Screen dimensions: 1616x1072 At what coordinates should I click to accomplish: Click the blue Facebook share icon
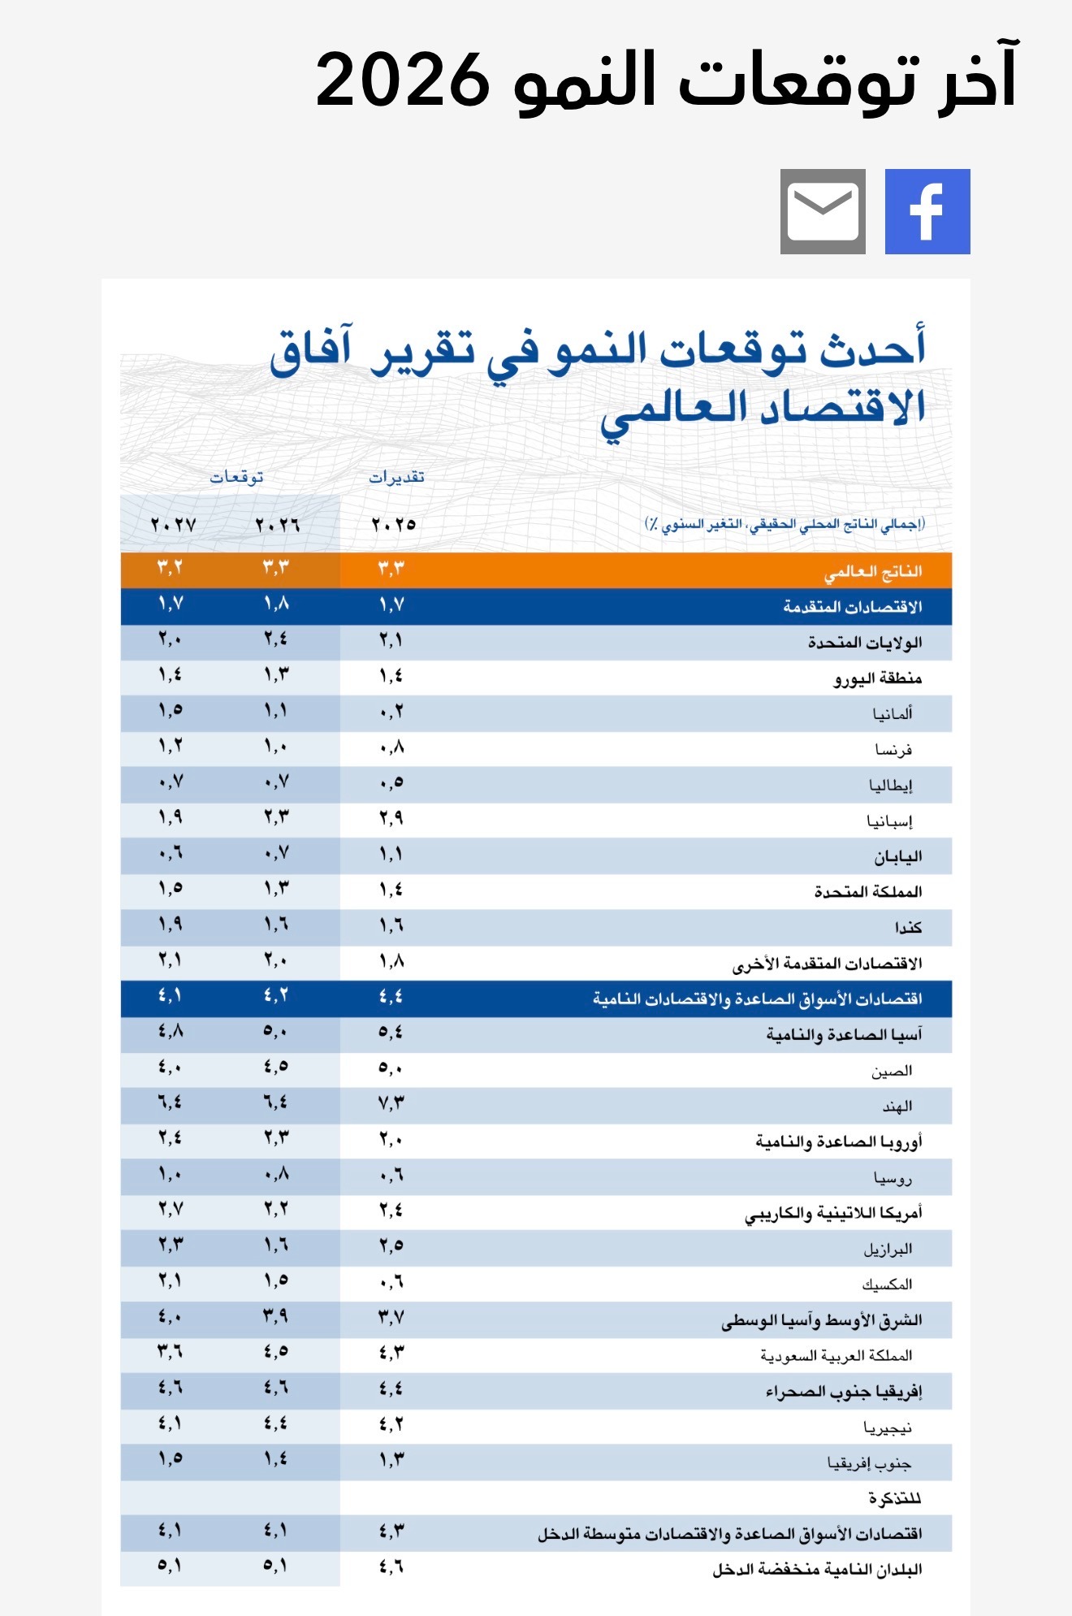coord(927,211)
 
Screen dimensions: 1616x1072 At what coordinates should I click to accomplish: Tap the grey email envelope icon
coord(823,211)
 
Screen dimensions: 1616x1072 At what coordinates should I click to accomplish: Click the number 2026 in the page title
coord(403,80)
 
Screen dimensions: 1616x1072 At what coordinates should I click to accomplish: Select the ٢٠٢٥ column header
coord(394,525)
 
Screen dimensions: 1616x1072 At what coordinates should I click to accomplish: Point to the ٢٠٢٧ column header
coord(173,525)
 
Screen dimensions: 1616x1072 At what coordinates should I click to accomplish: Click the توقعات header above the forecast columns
coord(236,477)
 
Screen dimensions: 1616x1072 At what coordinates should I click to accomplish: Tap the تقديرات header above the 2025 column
coord(396,477)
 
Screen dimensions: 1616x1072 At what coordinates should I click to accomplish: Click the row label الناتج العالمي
coord(872,572)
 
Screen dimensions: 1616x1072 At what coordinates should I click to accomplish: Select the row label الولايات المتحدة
coord(864,643)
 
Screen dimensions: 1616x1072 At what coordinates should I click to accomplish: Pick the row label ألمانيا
coord(893,713)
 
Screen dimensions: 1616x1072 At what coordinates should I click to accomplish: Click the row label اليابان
coord(897,856)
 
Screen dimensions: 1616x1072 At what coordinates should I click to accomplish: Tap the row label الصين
coord(892,1071)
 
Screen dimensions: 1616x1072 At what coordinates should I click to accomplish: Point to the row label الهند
coord(897,1106)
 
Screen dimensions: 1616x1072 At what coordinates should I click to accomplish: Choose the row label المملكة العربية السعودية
coord(836,1355)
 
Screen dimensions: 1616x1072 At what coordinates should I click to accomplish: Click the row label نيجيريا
coord(888,1427)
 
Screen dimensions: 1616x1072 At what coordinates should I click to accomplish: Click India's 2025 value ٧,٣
coord(391,1103)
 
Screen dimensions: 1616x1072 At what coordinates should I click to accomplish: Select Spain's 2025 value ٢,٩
coord(391,817)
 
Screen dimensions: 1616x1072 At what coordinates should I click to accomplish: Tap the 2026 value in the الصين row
coord(276,1067)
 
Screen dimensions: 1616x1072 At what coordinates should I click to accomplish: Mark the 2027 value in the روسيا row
coord(170,1174)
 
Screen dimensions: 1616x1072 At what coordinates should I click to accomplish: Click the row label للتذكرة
coord(894,1497)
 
